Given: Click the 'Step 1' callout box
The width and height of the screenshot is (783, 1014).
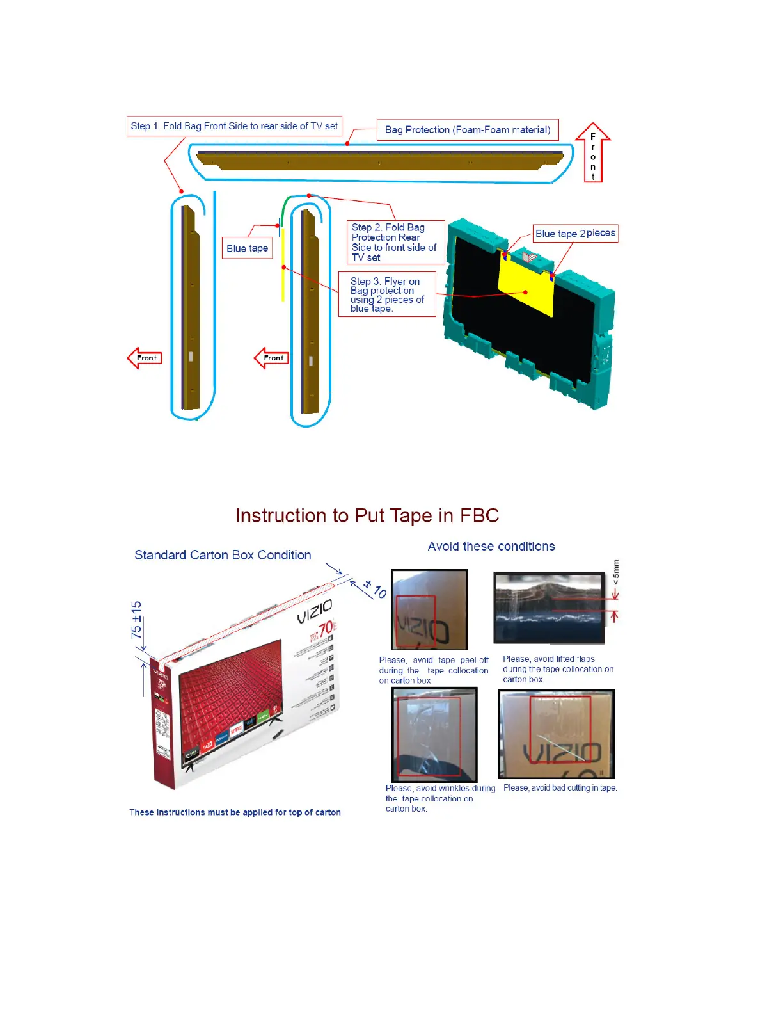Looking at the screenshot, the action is pyautogui.click(x=234, y=126).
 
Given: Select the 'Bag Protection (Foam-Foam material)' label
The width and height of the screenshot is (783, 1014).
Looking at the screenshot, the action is pyautogui.click(x=468, y=130).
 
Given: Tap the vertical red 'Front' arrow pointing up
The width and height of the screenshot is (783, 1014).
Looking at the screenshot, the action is pyautogui.click(x=593, y=154).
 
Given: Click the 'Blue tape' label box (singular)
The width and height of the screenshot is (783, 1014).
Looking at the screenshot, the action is pyautogui.click(x=247, y=248).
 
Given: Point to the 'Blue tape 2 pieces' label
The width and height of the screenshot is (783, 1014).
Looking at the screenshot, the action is pyautogui.click(x=575, y=234).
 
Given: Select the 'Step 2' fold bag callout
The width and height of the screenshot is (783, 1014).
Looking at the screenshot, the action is pyautogui.click(x=394, y=242).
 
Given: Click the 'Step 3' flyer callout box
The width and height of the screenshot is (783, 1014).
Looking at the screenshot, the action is pyautogui.click(x=387, y=294).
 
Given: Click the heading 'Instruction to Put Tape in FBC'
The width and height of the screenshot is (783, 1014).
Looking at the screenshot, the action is pyautogui.click(x=367, y=516).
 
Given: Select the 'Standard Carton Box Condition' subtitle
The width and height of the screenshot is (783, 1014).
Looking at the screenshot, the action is pyautogui.click(x=223, y=555).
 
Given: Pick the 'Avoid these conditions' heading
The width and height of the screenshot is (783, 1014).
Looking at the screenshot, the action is pyautogui.click(x=491, y=546).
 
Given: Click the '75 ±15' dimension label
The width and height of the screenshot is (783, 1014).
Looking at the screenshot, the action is pyautogui.click(x=136, y=619).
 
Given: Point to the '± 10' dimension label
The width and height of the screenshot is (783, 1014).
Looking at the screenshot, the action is pyautogui.click(x=375, y=588).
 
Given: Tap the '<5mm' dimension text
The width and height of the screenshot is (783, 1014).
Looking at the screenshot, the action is pyautogui.click(x=616, y=572).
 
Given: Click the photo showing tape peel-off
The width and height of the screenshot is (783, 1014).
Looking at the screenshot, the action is pyautogui.click(x=429, y=609).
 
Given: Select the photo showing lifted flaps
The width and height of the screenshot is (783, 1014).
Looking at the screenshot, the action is pyautogui.click(x=549, y=608).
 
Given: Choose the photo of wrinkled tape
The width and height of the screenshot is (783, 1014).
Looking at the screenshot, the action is pyautogui.click(x=434, y=734).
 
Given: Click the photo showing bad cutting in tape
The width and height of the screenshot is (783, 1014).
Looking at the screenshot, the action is pyautogui.click(x=556, y=734).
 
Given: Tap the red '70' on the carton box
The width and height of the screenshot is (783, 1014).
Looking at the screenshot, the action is pyautogui.click(x=326, y=629).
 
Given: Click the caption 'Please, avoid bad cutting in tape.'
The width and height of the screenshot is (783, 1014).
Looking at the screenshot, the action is pyautogui.click(x=560, y=788).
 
